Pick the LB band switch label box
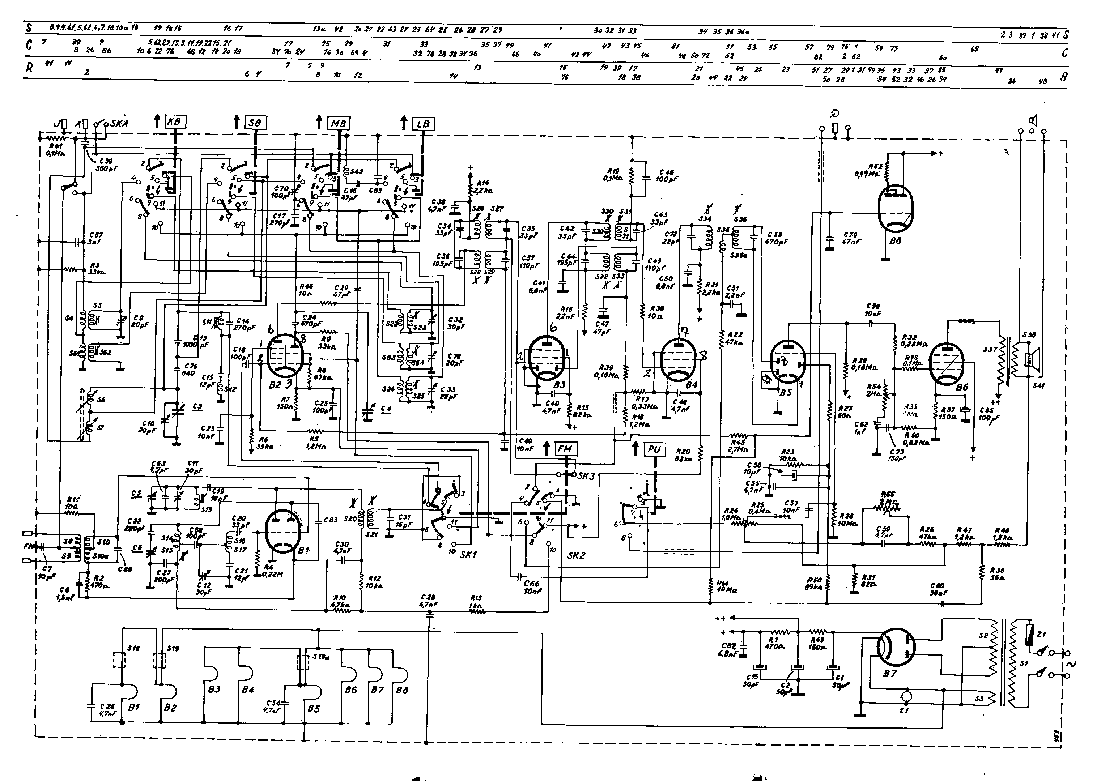(x=423, y=124)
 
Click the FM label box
(x=565, y=449)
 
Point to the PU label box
(x=654, y=449)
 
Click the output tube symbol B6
(x=947, y=363)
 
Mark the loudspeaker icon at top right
(x=1032, y=119)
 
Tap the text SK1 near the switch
(x=468, y=555)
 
